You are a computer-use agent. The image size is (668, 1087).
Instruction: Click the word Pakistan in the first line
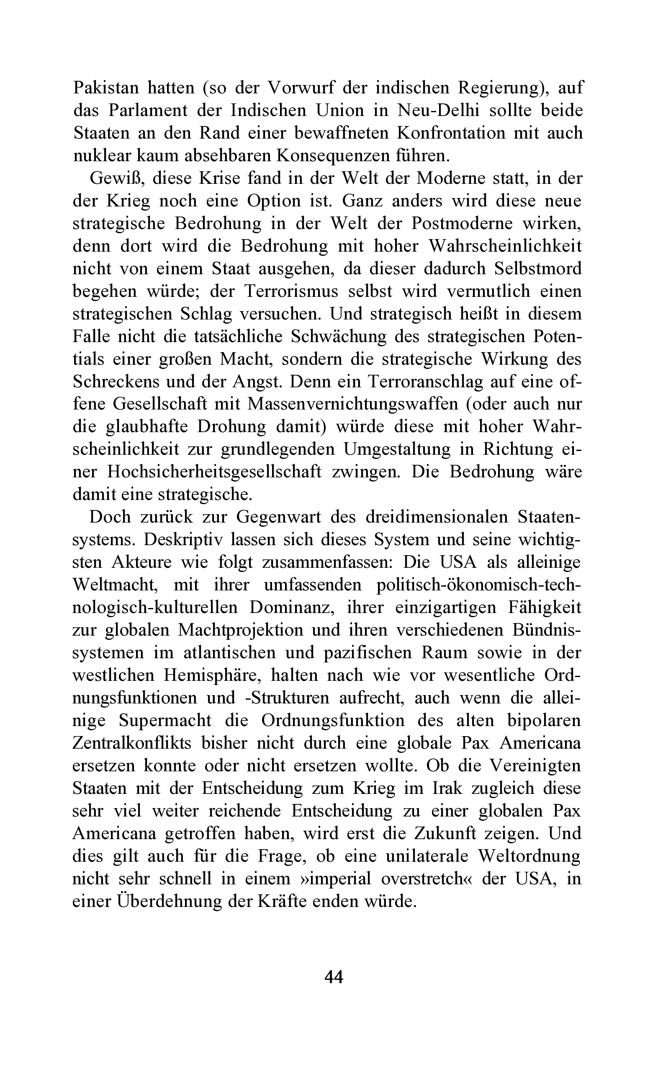[106, 88]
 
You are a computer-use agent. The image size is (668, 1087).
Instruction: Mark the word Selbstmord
[538, 269]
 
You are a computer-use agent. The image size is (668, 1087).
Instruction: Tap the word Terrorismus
[291, 291]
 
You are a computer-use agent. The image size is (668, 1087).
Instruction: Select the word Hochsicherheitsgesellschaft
[214, 472]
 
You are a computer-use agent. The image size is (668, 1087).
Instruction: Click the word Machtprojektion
[240, 630]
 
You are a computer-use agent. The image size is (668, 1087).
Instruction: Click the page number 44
[334, 977]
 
